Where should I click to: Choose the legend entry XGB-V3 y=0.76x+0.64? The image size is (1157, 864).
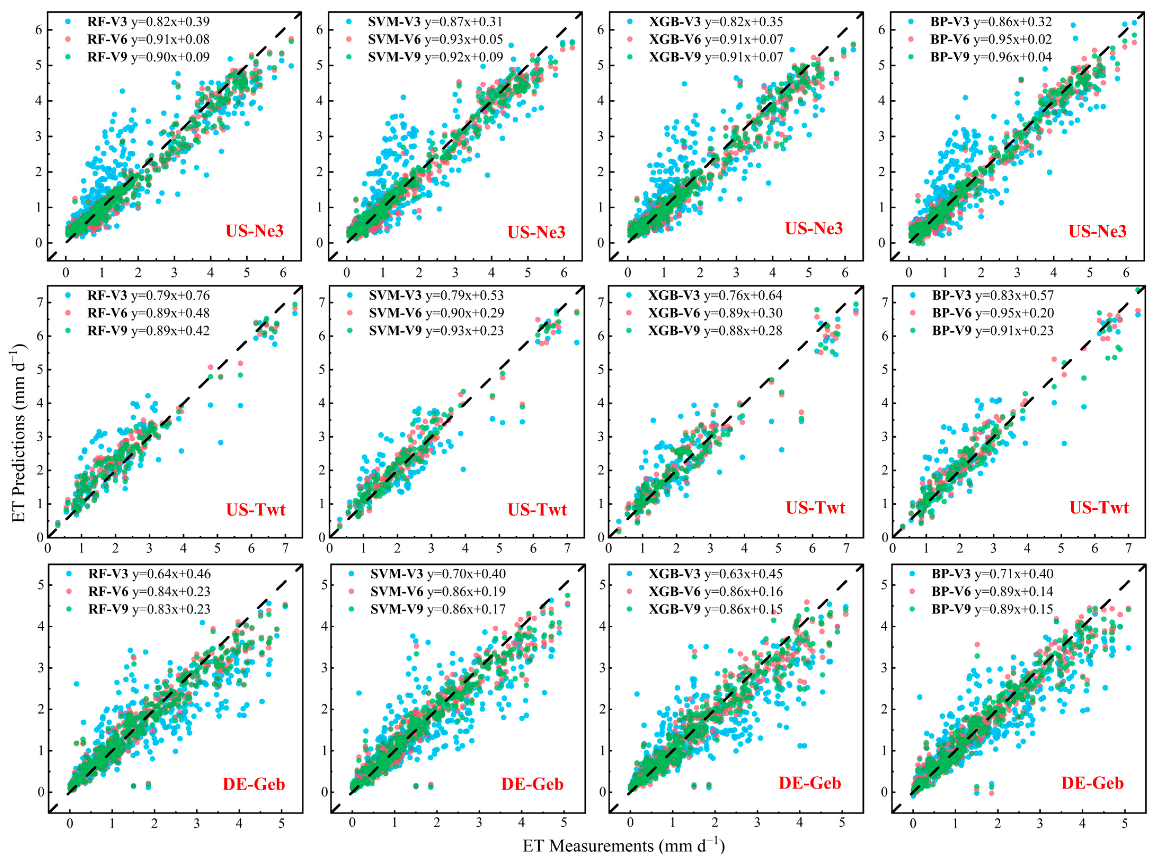click(x=715, y=296)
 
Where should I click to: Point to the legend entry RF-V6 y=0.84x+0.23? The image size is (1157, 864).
click(x=149, y=592)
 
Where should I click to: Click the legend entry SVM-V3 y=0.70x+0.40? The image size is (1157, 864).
click(x=437, y=574)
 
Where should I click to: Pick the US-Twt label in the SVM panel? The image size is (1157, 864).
click(x=537, y=509)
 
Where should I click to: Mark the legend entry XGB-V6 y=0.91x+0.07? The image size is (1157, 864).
click(x=716, y=39)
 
